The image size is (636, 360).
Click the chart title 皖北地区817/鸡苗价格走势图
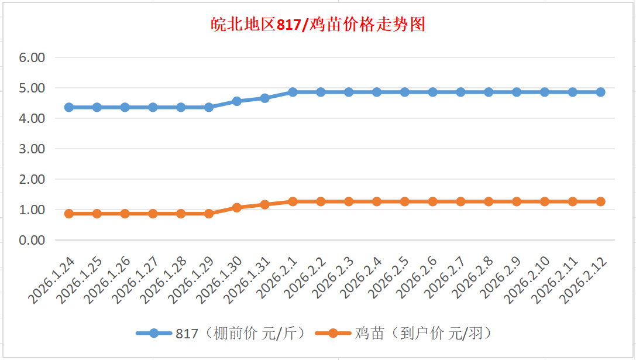318,25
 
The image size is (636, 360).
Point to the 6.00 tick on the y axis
32,58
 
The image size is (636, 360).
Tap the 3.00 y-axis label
32,149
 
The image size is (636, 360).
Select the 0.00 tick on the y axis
32,240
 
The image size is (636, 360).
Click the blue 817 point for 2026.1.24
69,107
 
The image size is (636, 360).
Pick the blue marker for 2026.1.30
237,101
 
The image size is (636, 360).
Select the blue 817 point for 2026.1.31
265,98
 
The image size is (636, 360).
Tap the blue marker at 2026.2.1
293,92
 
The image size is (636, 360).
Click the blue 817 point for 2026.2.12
600,92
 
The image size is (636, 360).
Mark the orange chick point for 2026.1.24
69,214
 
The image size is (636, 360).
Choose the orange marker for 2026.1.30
237,207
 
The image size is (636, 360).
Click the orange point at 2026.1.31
265,204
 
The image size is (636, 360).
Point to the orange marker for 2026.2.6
432,201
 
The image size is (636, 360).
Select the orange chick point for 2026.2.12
600,201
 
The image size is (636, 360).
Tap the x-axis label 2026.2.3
335,281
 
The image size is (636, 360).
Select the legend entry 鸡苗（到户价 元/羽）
404,333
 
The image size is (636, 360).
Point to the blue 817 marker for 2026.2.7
460,92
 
